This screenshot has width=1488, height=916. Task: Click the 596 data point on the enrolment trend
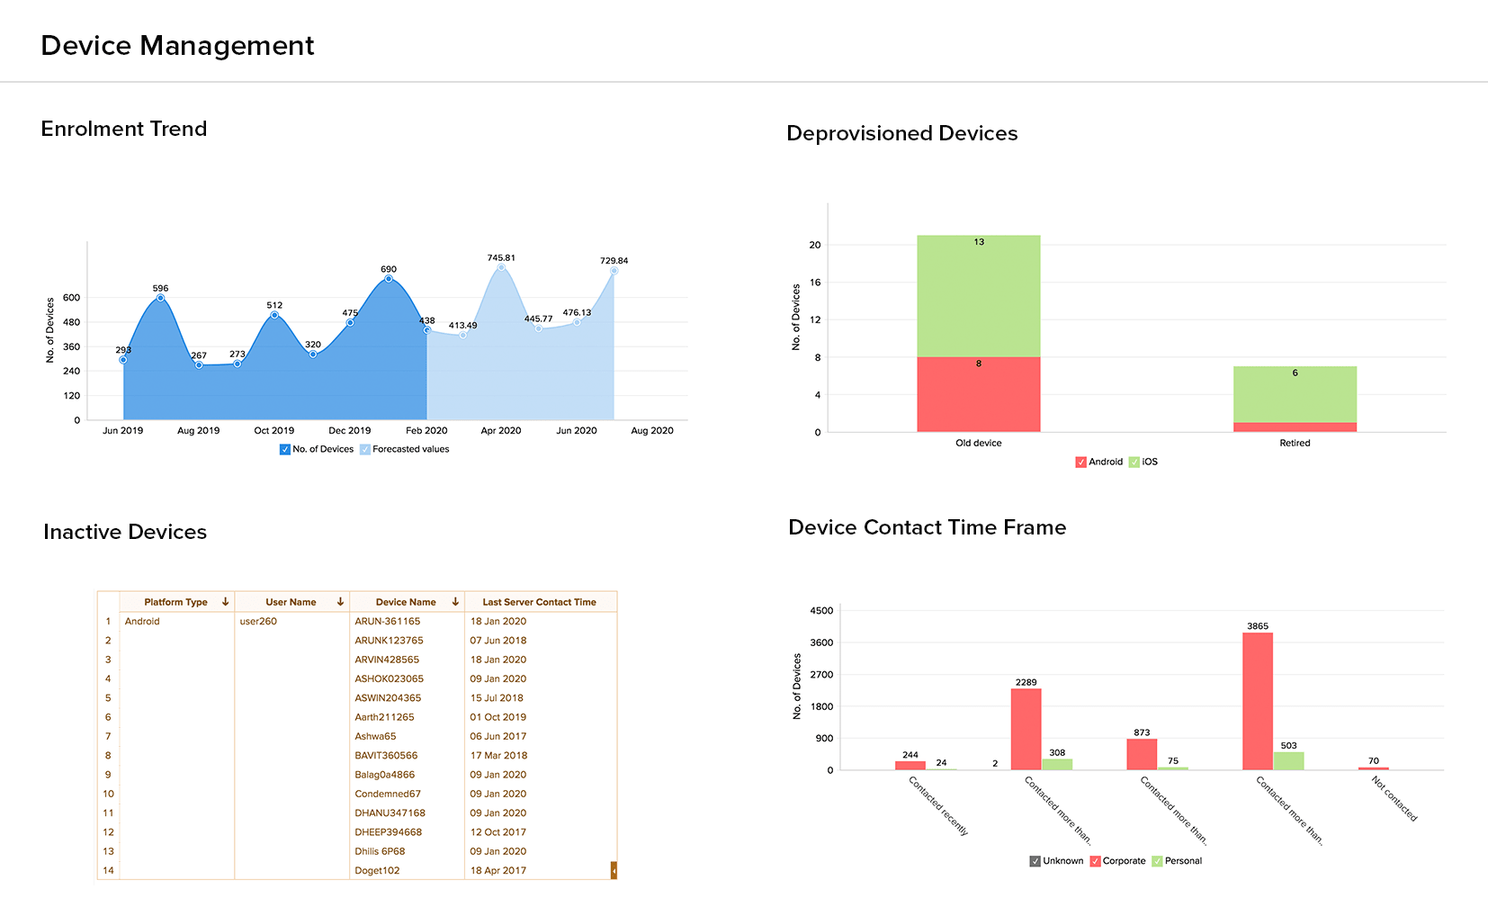160,298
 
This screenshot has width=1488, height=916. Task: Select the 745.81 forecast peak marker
501,267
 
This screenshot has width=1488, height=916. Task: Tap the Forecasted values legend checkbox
365,449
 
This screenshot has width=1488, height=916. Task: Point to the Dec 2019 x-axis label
349,430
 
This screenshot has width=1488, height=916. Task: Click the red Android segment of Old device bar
978,394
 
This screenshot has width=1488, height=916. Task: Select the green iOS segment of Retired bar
1295,394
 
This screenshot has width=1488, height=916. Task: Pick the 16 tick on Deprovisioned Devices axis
815,283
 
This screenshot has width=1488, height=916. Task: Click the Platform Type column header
175,602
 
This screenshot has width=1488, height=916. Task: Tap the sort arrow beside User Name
340,602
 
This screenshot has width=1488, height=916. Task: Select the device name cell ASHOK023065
389,678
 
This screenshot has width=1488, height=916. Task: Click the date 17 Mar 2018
498,755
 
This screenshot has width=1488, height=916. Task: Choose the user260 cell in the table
258,621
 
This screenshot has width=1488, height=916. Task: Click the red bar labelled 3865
1257,702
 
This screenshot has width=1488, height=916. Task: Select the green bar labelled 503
1288,761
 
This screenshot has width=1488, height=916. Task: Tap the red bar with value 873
1142,754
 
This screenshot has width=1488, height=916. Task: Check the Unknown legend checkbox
1035,861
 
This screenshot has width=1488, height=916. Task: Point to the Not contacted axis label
1394,799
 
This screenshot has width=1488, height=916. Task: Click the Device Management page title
177,45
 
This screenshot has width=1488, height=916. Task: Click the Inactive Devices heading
125,532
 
